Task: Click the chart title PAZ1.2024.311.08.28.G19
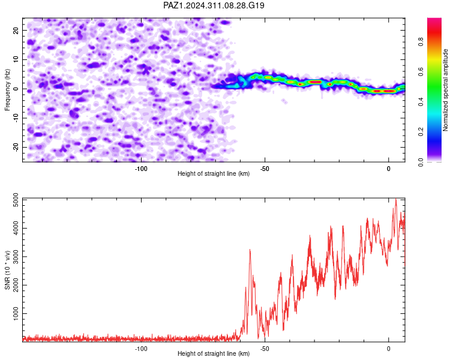214,5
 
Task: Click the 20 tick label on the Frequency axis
15,30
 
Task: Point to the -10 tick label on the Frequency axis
15,118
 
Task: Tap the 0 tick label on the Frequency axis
15,89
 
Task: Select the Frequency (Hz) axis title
7,90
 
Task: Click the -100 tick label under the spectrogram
141,169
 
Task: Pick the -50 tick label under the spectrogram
265,169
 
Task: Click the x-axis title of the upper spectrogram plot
214,173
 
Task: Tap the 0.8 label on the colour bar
421,42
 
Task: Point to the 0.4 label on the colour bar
421,101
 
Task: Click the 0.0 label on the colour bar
421,162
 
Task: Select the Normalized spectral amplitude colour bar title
445,90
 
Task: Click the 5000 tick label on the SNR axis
15,200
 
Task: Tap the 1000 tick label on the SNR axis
15,313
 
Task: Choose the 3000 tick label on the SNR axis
15,257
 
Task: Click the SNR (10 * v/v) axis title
7,270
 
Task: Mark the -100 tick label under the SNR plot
141,349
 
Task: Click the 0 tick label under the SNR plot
389,349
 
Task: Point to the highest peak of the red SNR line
396,199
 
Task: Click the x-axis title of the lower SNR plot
214,353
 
